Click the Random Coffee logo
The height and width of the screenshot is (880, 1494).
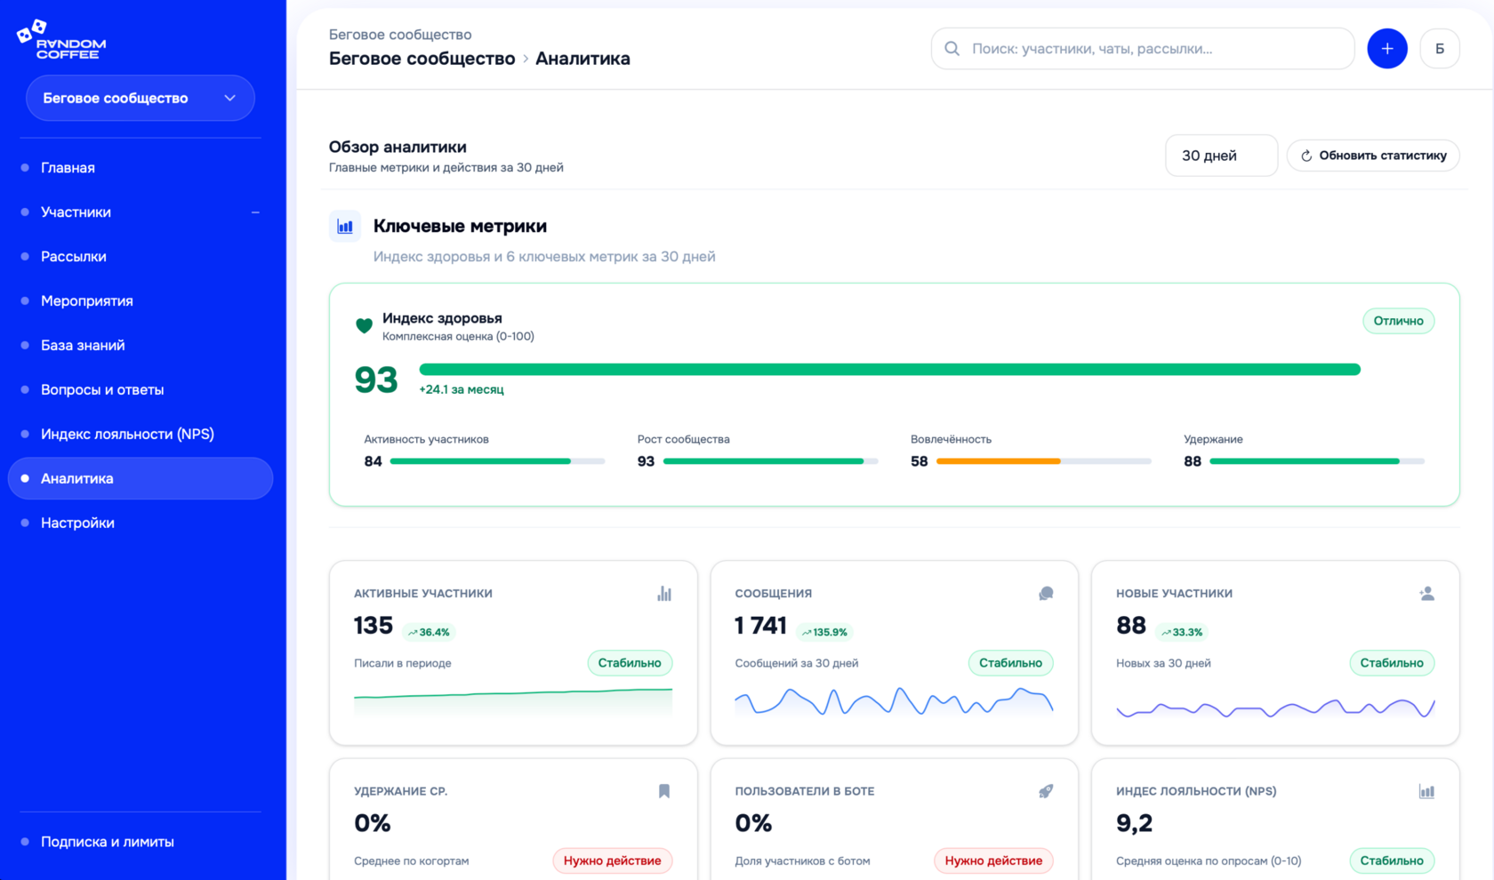click(62, 40)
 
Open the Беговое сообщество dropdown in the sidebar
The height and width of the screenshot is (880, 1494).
click(141, 98)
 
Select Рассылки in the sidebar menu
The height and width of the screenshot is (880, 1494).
click(74, 257)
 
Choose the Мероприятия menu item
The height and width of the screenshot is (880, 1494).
click(87, 301)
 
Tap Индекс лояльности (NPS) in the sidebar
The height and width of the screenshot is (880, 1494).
click(127, 435)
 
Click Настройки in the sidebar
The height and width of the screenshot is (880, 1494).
click(77, 524)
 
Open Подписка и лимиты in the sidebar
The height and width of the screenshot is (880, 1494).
click(108, 842)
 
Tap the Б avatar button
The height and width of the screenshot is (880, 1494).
click(1439, 49)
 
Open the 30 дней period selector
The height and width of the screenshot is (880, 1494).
click(1220, 156)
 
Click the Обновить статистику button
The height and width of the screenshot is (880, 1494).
click(1373, 156)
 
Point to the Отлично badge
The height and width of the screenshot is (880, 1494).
click(1398, 321)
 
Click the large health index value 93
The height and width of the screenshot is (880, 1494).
click(376, 380)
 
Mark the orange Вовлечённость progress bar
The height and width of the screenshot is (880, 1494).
click(998, 461)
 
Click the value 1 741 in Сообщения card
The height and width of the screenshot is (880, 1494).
click(760, 626)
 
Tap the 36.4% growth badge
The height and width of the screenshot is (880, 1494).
click(429, 633)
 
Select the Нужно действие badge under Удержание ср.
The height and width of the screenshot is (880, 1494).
click(612, 860)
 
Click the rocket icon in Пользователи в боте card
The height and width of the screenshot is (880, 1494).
click(1046, 791)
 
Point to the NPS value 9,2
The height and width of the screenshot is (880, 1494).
click(1134, 824)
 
